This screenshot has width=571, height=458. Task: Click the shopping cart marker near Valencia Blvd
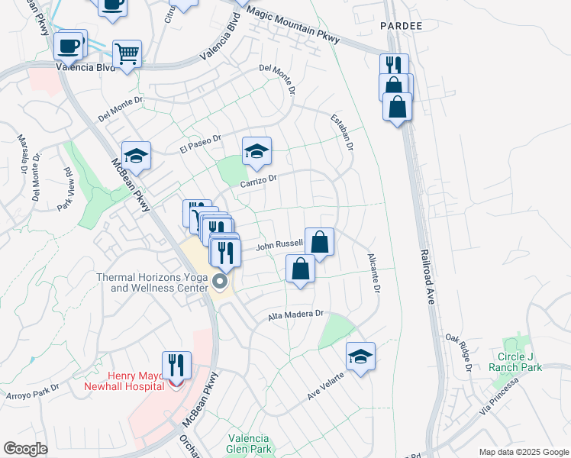click(127, 54)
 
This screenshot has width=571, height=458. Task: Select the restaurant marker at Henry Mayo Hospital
click(176, 366)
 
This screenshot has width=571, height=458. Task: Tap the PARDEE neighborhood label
click(401, 26)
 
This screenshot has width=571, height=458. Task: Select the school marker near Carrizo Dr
click(257, 152)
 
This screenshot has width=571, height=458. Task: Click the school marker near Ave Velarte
click(361, 356)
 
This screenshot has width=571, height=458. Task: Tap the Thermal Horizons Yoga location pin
click(221, 282)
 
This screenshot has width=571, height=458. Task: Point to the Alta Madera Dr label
click(296, 314)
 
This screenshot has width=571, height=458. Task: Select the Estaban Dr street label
click(342, 131)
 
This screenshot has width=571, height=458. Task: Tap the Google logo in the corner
click(26, 449)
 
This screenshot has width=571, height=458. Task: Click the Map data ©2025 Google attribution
click(524, 452)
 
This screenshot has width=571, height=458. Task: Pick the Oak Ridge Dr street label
click(459, 352)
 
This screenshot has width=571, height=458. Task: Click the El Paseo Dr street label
click(200, 144)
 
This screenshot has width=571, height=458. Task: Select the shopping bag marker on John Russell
click(319, 242)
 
